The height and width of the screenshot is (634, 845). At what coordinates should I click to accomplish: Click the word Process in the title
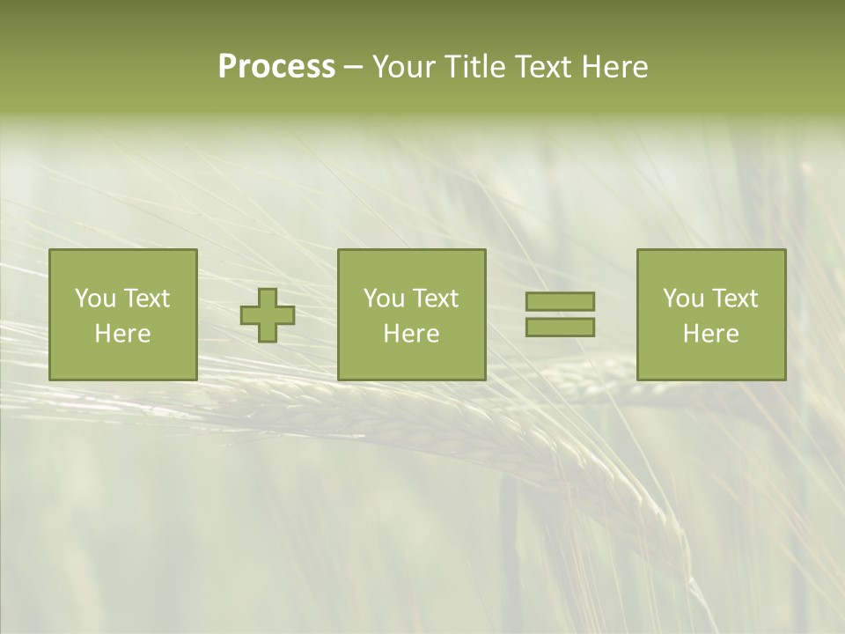pos(276,67)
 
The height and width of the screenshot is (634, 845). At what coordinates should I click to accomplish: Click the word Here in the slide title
pos(615,67)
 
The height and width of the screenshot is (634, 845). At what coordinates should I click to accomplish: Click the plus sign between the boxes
pos(268,315)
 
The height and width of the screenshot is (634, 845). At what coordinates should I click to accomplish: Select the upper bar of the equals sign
pos(560,301)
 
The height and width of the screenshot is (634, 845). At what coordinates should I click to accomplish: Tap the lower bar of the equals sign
pos(560,328)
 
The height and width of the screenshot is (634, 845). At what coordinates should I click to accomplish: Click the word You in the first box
pos(95,299)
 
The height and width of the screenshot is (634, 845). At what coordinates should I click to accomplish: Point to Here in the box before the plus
pos(123,334)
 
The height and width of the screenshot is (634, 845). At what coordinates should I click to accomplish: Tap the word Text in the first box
pos(145,299)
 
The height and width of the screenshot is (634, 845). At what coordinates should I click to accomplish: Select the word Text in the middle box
pos(434,299)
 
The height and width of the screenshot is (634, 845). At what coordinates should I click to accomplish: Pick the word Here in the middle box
pos(412,334)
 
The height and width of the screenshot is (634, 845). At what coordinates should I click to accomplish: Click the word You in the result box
pos(683,299)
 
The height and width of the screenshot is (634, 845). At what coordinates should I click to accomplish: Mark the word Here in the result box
pos(711,334)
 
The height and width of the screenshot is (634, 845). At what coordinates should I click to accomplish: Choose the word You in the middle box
pos(384,299)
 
